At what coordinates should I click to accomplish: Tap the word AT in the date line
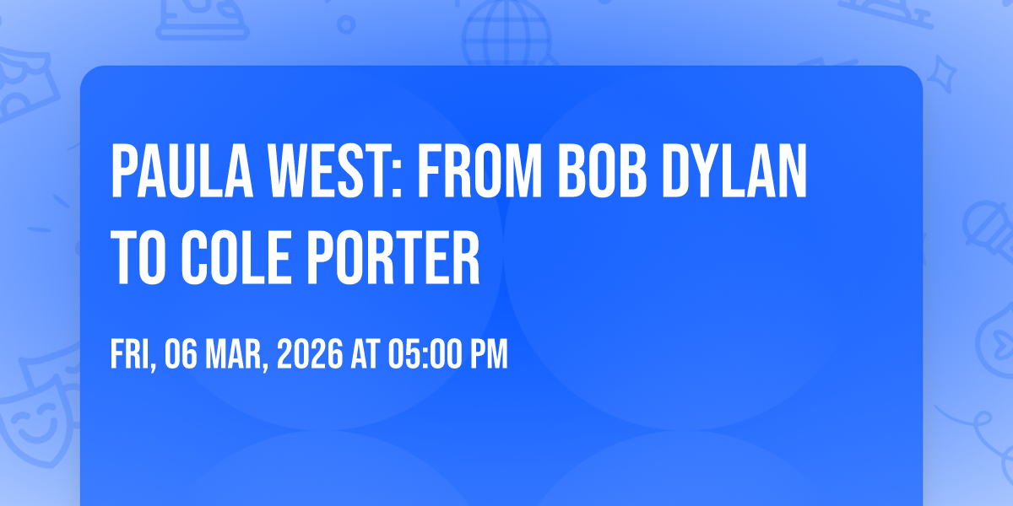click(366, 355)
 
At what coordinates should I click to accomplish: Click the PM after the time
click(489, 355)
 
